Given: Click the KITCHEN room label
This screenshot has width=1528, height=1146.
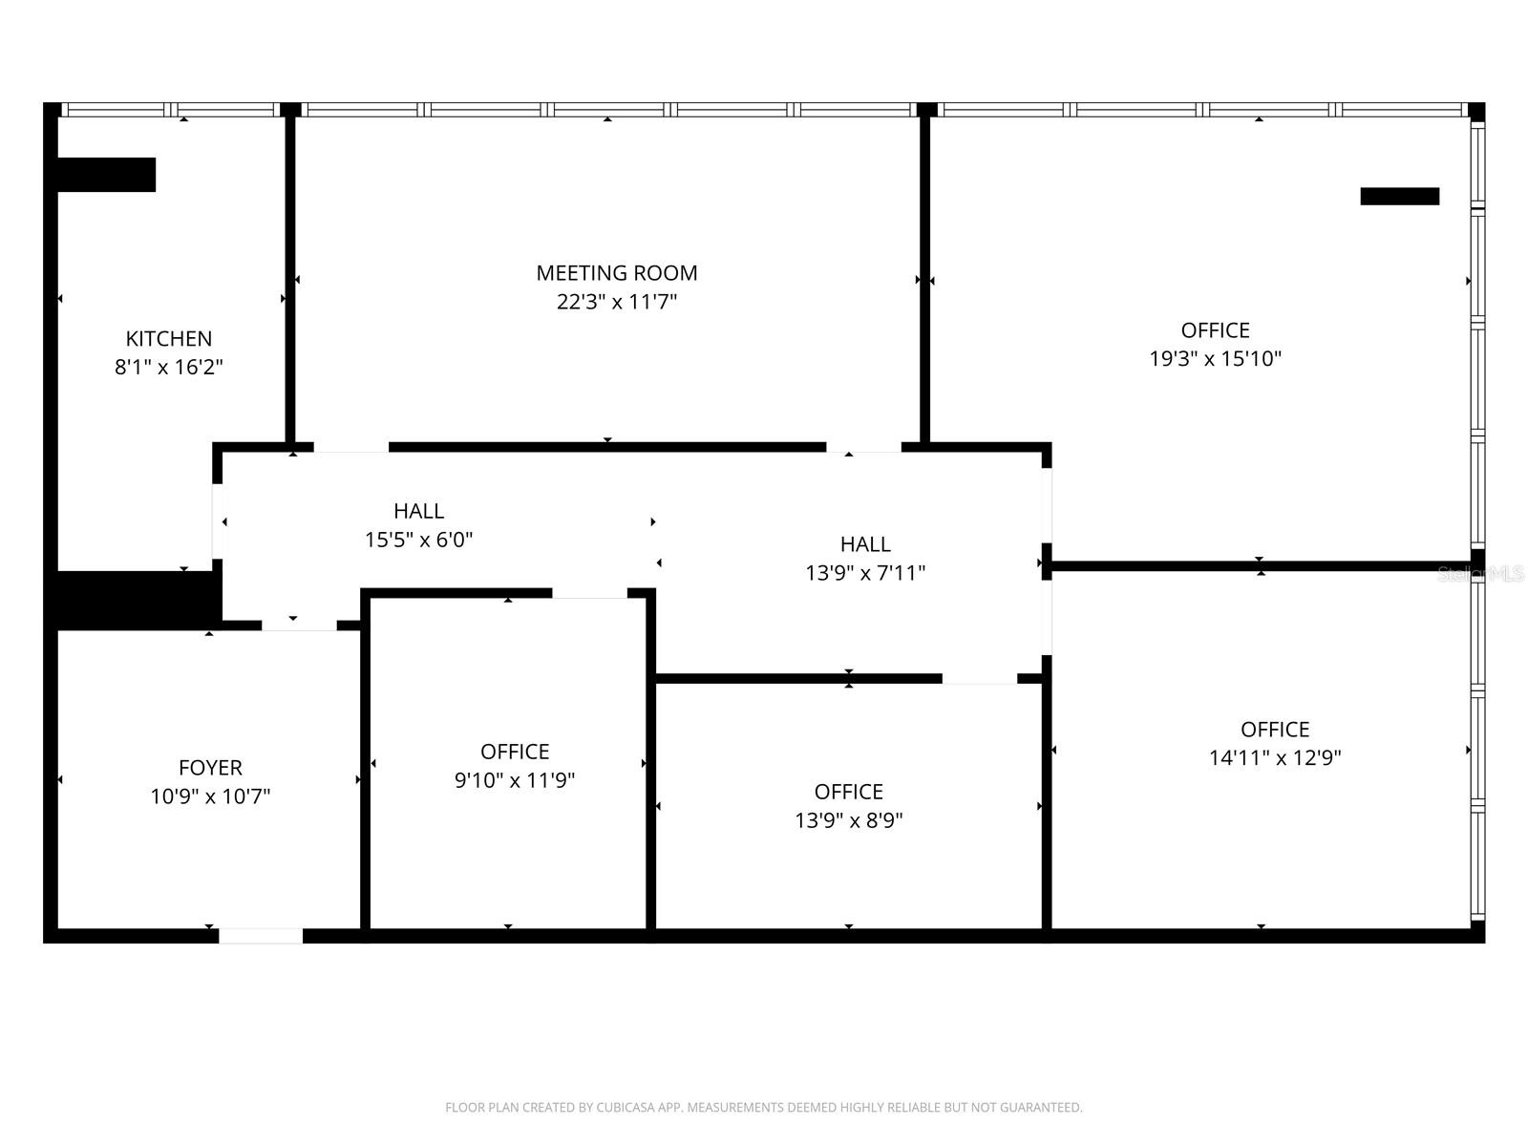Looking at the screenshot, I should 169,338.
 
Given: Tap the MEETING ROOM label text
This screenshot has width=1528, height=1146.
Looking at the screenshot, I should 616,273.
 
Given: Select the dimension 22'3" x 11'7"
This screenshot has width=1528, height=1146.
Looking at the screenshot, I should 616,302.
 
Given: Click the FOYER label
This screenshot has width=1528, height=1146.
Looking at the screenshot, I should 210,767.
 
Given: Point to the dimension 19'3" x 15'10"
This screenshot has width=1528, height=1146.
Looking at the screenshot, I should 1215,358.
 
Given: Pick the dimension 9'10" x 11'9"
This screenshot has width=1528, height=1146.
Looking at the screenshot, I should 515,780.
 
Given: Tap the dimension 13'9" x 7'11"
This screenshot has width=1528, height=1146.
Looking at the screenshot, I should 865,572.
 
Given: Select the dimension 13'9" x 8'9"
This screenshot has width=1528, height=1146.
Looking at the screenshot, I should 848,819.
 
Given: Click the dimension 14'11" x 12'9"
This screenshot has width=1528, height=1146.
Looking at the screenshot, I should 1275,757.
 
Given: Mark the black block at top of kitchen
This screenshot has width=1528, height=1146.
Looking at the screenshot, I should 106,175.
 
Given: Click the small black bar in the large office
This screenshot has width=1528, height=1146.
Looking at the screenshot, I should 1399,196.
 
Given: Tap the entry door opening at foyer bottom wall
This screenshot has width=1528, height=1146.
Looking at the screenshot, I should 261,936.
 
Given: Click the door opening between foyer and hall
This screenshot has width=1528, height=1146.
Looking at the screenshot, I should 299,626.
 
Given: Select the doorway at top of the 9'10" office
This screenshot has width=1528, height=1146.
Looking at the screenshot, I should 589,593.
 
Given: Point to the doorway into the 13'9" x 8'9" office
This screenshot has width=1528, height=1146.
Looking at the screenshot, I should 979,678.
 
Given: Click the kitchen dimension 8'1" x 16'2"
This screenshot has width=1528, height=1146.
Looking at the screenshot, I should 169,367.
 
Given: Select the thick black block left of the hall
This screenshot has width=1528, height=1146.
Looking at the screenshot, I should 134,600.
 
